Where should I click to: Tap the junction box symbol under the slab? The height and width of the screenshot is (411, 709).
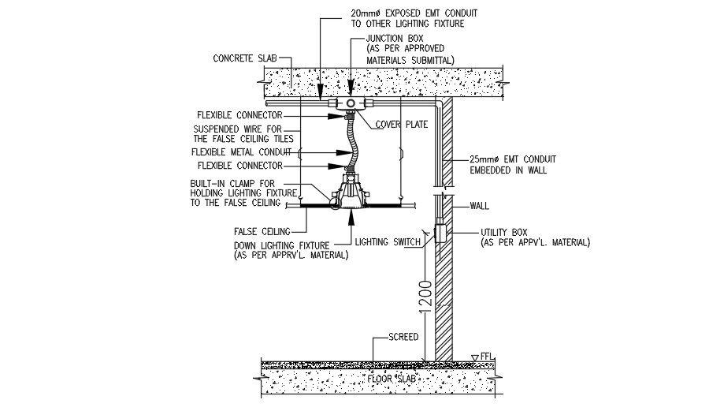coord(348,103)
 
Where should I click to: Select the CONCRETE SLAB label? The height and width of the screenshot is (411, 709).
coord(247,58)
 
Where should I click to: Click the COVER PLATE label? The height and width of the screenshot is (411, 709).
coord(400,124)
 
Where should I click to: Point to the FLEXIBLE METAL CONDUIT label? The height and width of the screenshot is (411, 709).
coord(241,151)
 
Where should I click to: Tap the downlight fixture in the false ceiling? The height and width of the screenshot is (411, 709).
coord(347,193)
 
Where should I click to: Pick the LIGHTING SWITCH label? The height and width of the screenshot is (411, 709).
coord(387,242)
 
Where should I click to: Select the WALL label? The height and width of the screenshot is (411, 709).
coord(480,207)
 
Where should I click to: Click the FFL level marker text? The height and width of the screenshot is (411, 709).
coord(488,356)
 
